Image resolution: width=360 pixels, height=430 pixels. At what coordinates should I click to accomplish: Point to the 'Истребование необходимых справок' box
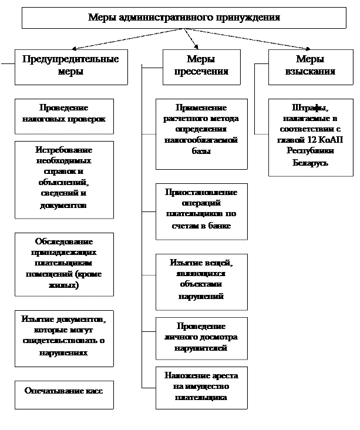pyautogui.click(x=64, y=178)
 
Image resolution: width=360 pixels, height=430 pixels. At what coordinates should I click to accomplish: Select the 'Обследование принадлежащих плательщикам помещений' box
pyautogui.click(x=64, y=263)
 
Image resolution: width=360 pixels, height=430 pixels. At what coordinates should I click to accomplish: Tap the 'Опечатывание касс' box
pyautogui.click(x=64, y=391)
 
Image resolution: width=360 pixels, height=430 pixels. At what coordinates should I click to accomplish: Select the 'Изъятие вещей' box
pyautogui.click(x=201, y=280)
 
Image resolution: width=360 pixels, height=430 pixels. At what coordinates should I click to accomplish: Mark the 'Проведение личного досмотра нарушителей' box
pyautogui.click(x=201, y=337)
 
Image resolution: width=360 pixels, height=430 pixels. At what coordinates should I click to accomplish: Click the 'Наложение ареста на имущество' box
pyautogui.click(x=201, y=387)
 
